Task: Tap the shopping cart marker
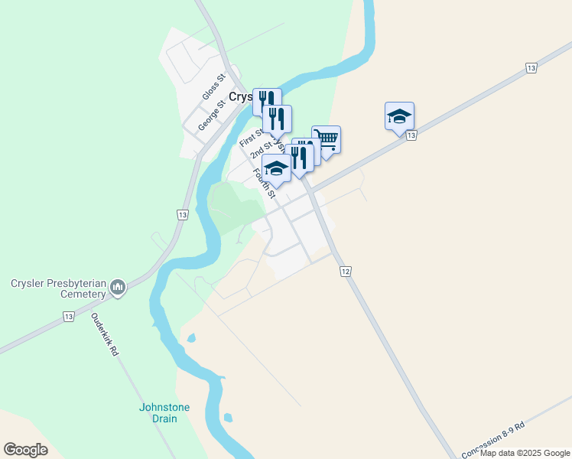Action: point(326,139)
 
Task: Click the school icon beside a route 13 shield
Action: point(399,116)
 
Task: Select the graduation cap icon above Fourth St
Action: point(276,168)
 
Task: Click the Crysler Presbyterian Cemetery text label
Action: point(57,288)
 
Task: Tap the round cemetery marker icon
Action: point(118,288)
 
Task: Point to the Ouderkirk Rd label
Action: point(106,334)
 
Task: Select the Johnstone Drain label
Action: point(164,412)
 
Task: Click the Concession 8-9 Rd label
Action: point(493,440)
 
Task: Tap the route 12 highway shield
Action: point(346,272)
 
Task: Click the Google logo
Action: point(26,449)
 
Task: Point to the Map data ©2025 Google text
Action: point(525,453)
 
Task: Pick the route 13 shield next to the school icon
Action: point(411,135)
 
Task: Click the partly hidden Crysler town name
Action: point(241,98)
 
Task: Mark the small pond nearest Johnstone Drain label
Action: point(227,418)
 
